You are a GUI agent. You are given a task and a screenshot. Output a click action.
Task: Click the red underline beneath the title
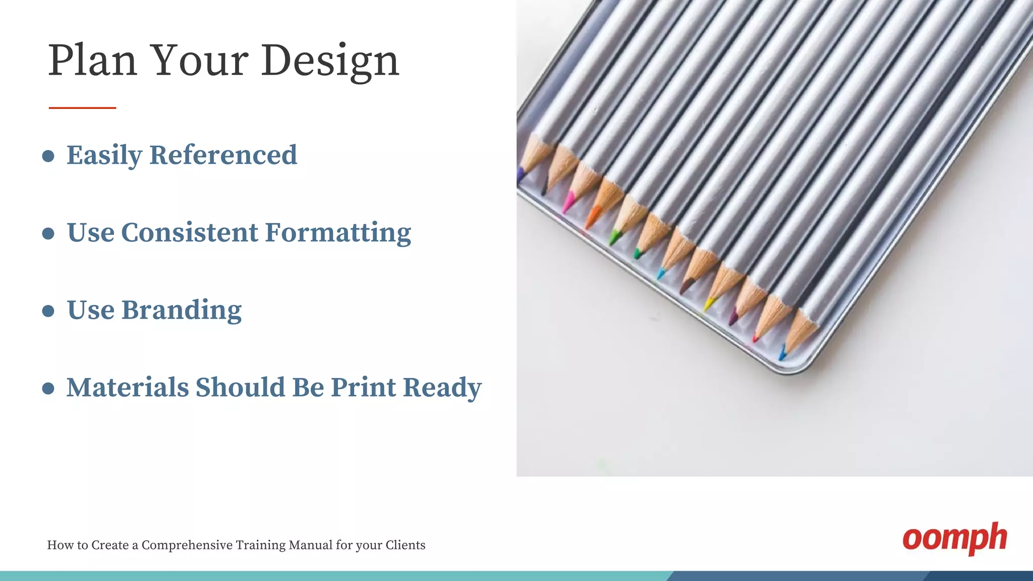tap(82, 107)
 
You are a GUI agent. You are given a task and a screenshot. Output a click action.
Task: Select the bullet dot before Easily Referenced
tap(48, 156)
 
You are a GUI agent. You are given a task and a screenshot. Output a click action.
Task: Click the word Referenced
tap(223, 155)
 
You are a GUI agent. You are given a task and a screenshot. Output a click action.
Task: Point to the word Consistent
tap(190, 233)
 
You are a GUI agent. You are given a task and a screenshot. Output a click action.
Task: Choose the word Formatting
tap(338, 234)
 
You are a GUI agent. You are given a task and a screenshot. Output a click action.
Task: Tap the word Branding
tap(182, 310)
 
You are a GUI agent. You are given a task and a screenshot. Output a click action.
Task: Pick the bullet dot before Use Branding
tap(48, 311)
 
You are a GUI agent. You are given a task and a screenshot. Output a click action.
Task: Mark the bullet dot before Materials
tap(48, 388)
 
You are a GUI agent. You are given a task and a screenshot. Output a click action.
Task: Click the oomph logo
tap(954, 539)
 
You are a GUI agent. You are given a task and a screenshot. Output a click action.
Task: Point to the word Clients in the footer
tap(405, 545)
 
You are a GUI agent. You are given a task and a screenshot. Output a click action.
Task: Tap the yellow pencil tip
tap(709, 304)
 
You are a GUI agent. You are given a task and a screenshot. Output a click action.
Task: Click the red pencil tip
tap(756, 337)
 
